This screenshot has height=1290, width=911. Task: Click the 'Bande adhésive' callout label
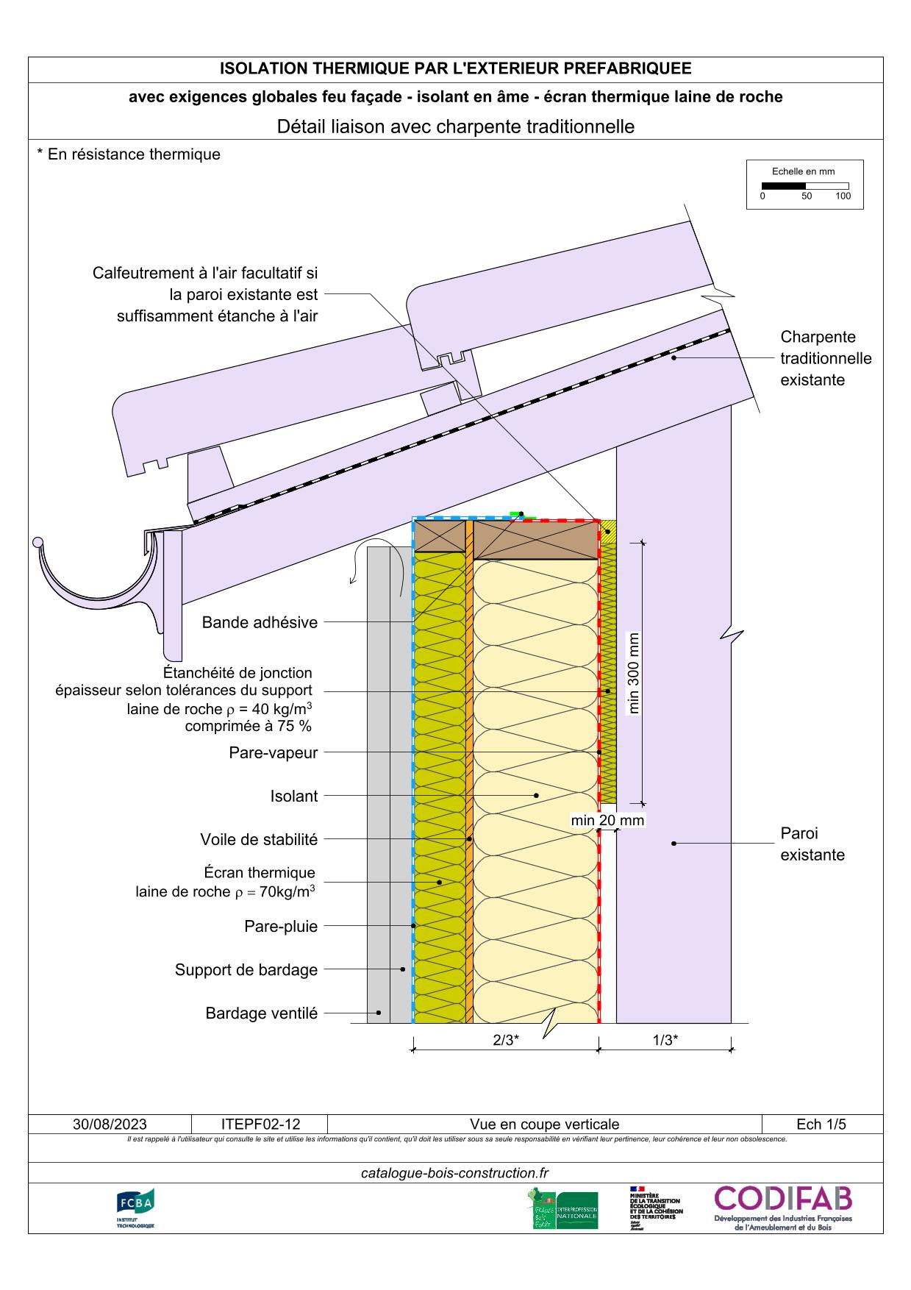260,622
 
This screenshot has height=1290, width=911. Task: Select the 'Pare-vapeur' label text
273,752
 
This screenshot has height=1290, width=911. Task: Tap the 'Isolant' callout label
293,796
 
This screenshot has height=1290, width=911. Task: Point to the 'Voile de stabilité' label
259,839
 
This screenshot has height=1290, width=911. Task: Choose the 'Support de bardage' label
246,969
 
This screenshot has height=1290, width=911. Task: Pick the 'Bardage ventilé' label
261,1013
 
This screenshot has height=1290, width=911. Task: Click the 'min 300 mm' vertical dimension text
634,673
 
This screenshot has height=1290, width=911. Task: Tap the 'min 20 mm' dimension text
607,820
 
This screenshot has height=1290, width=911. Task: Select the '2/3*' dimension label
506,1040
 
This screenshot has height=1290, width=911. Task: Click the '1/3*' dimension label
665,1040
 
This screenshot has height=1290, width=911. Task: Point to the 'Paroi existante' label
812,844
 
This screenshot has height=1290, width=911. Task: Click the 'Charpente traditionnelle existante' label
825,358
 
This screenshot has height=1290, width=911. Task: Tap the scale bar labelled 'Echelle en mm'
804,185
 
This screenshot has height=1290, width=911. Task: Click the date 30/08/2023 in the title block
110,1124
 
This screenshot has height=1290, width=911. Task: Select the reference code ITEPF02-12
260,1124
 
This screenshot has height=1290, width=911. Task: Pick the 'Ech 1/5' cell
821,1124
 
